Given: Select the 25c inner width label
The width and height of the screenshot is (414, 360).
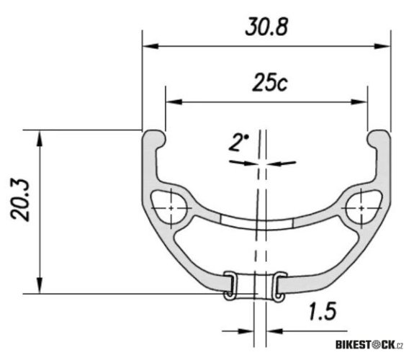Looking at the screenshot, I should pos(267,83).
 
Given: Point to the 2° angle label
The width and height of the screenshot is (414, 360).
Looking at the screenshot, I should pos(238,143).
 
